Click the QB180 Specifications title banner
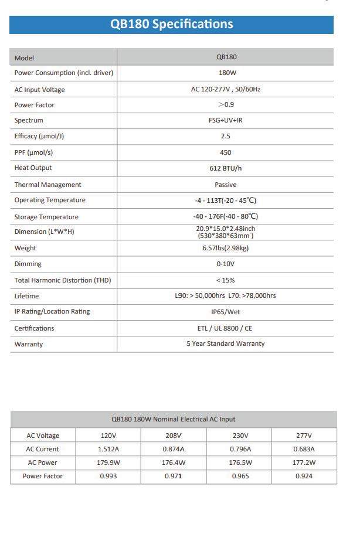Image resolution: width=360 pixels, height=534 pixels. pos(171,24)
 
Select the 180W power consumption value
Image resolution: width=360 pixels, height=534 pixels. pos(226,73)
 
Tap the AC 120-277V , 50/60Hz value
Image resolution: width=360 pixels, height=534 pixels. pos(226,90)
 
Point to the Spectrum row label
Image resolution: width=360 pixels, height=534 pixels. pos(29,120)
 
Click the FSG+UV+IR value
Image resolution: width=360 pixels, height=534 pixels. pos(226,120)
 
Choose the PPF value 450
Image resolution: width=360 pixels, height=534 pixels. pos(226,152)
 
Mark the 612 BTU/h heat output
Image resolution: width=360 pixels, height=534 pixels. pos(226,168)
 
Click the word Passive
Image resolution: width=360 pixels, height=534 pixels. pos(226,185)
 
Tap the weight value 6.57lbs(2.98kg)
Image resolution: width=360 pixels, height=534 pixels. pos(226,248)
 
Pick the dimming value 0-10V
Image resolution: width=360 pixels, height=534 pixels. pos(226,264)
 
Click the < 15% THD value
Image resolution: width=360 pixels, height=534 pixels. pos(226,280)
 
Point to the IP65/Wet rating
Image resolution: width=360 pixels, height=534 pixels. pos(226,312)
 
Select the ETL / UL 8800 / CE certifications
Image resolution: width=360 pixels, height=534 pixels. pos(226,328)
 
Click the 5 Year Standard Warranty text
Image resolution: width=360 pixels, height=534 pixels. pos(226,344)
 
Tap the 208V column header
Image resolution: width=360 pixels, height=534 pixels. pos(174,436)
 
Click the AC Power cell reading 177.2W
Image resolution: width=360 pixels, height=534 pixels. pos(304,462)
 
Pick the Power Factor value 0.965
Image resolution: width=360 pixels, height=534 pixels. pos(239,476)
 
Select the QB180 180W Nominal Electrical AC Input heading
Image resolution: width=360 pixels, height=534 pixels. pos(174,419)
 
